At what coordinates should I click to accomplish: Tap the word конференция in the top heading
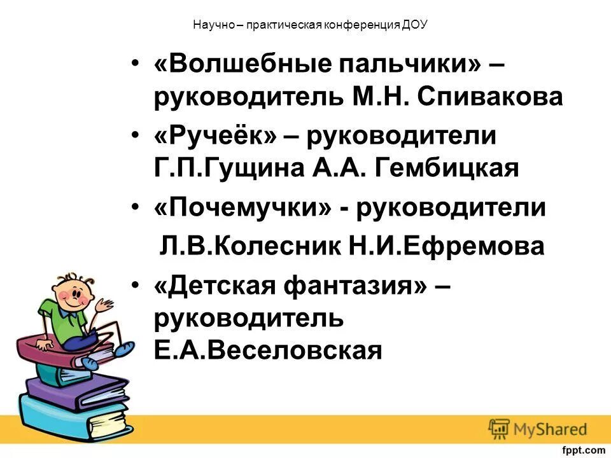[x=363, y=25]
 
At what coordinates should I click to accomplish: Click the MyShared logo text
[x=549, y=428]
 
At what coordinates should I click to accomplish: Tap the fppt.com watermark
[x=583, y=450]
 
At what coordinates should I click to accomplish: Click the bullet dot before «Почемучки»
[x=134, y=208]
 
